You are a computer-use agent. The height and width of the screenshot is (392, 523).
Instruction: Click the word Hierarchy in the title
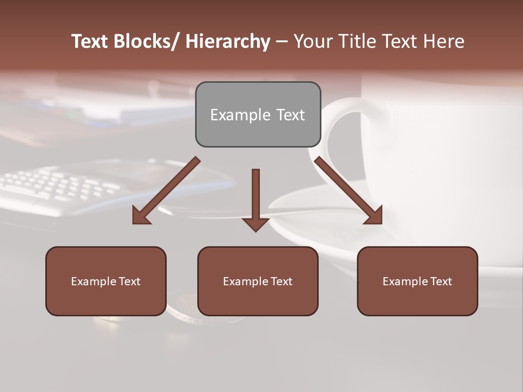click(x=228, y=41)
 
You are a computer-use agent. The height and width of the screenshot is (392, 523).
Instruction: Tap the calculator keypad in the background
click(x=60, y=185)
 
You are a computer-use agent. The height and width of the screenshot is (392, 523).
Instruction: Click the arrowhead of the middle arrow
click(x=256, y=223)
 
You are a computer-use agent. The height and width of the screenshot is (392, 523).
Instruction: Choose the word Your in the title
click(x=312, y=41)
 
